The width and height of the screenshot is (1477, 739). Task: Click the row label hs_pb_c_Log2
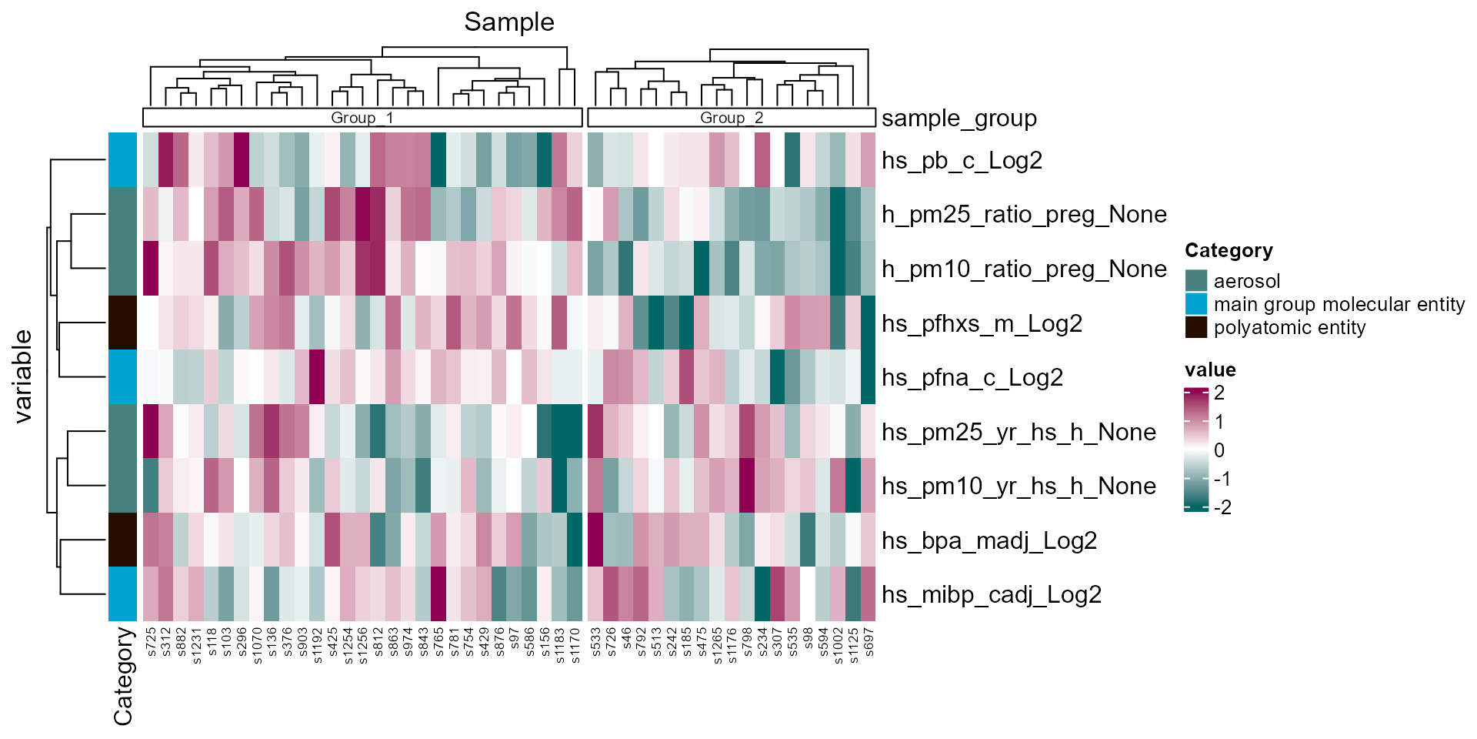click(x=962, y=160)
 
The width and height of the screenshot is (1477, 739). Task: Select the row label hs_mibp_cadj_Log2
click(x=991, y=594)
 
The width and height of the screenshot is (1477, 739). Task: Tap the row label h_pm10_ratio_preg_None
click(x=1024, y=269)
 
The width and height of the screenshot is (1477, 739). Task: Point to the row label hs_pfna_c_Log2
click(x=972, y=377)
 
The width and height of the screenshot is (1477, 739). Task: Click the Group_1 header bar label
click(x=362, y=118)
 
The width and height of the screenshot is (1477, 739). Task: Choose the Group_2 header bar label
click(x=731, y=118)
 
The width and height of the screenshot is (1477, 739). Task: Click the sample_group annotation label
click(x=959, y=118)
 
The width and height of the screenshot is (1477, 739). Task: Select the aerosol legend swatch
click(x=1196, y=281)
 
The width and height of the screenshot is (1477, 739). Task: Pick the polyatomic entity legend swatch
click(x=1196, y=327)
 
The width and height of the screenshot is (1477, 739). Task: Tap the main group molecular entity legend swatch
click(x=1196, y=304)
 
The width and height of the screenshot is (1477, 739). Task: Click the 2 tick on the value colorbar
click(x=1219, y=393)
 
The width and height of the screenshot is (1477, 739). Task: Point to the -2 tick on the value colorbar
click(x=1222, y=507)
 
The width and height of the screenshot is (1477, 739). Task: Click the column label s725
click(x=152, y=642)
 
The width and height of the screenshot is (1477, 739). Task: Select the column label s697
click(x=869, y=642)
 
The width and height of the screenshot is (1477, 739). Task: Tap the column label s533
click(x=596, y=642)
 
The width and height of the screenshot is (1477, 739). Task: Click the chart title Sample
click(x=508, y=22)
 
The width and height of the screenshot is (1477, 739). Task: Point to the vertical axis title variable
click(x=23, y=376)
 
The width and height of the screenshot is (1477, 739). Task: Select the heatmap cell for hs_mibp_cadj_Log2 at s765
click(x=438, y=594)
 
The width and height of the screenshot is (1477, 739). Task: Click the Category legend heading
click(x=1228, y=250)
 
